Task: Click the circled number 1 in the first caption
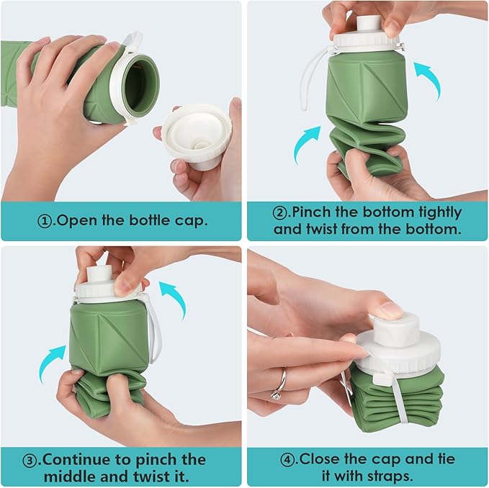point(45,221)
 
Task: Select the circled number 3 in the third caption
point(31,459)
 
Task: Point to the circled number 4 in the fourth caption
point(287,458)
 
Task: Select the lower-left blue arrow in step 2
point(307,143)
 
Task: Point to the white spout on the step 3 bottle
point(97,274)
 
